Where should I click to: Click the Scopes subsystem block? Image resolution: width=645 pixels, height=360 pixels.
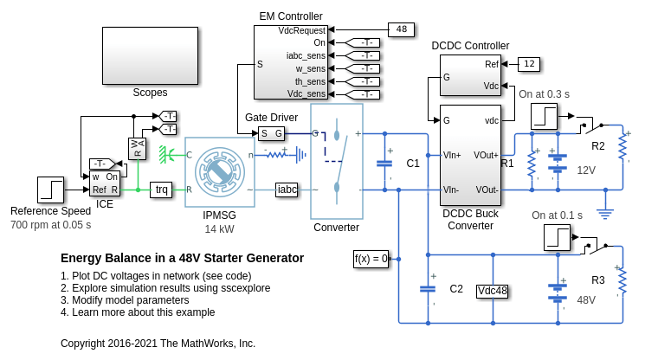coord(150,56)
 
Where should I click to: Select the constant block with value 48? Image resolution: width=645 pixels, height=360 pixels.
coord(401,29)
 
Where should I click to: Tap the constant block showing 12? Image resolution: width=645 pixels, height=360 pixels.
coord(529,64)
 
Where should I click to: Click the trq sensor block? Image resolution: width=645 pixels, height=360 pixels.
coord(161,190)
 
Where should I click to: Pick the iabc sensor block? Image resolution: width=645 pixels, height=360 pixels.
coord(287,190)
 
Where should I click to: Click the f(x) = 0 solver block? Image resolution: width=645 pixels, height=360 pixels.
coord(371,259)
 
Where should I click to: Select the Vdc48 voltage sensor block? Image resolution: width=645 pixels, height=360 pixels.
coord(493,291)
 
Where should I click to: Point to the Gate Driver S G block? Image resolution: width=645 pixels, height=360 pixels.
coord(272,133)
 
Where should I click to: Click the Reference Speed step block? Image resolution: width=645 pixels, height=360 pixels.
coord(50,190)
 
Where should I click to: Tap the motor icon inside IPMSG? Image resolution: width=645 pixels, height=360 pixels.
coord(220,172)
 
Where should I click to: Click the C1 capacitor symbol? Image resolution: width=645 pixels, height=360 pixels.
coord(384,164)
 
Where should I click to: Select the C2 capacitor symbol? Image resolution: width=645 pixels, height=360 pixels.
coord(428,289)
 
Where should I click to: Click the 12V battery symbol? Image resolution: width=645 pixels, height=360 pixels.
coord(558,163)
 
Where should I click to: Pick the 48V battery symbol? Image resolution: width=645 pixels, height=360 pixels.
coord(558,292)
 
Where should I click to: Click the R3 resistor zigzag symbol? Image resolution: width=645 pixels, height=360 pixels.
coord(622,280)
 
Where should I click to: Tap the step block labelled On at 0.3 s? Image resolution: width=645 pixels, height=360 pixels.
coord(545,116)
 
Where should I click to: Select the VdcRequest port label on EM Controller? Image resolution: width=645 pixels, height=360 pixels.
coord(302,30)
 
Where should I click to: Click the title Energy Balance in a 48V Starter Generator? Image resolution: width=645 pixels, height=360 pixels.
coord(182,258)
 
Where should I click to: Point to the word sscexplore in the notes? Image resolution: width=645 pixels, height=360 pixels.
coord(246,288)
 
